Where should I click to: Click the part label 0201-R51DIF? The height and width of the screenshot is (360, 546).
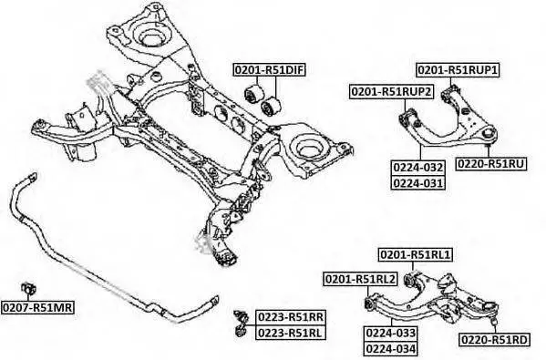point(270,70)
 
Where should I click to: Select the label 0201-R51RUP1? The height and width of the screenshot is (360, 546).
point(458,70)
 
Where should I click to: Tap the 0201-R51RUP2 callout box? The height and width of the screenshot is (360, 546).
point(392,91)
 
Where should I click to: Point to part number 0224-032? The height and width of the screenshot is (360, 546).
point(418,168)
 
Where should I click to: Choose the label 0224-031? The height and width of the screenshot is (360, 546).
point(418,183)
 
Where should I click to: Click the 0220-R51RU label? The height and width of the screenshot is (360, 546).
point(491,163)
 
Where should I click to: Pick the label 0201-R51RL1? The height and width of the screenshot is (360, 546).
point(416,255)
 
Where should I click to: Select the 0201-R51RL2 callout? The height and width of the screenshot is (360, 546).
point(360,279)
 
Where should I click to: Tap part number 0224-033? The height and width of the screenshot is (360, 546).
point(391,333)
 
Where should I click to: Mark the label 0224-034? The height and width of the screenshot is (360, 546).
point(391,348)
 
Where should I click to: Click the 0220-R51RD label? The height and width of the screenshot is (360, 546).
point(495,339)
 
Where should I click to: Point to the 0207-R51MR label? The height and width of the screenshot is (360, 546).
point(37,307)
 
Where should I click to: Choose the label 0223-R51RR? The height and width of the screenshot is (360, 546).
point(291,317)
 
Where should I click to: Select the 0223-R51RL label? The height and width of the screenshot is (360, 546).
point(291,333)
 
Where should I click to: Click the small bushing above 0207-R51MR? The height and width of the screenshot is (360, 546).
point(28,288)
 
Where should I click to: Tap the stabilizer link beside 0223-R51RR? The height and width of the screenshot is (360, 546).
point(241,324)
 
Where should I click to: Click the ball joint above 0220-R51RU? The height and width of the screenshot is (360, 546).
point(489,133)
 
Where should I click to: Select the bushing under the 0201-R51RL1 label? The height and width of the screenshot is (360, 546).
point(411,279)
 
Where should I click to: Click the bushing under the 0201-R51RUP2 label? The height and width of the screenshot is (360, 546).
point(406,118)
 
